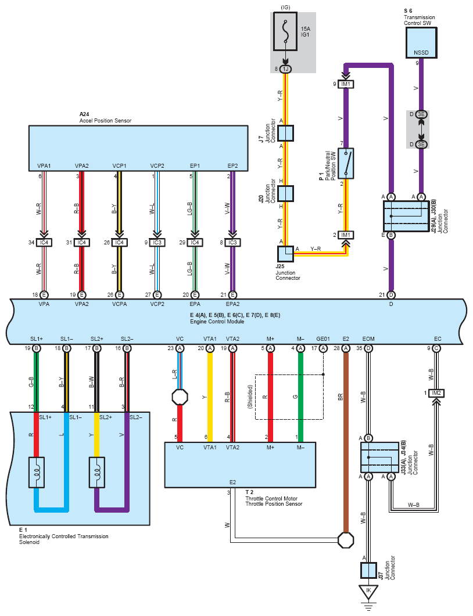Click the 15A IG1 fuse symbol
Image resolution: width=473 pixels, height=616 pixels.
pos(285,31)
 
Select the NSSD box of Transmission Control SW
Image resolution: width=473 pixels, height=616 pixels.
pos(421,43)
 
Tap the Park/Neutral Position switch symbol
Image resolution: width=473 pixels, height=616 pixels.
pos(346,163)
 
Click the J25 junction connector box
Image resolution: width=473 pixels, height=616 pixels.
pos(285,254)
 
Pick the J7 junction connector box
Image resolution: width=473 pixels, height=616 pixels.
pos(285,133)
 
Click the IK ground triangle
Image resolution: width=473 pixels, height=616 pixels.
pos(368,591)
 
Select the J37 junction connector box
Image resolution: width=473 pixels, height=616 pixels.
pos(368,570)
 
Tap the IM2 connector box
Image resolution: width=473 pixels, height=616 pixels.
pos(436,393)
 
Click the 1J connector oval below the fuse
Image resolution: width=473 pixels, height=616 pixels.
pos(285,69)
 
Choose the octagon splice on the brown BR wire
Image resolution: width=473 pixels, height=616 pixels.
pos(346,540)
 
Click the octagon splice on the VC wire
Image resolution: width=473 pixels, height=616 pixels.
pos(180,397)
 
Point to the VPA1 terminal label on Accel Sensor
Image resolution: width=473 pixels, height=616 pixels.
pos(44,166)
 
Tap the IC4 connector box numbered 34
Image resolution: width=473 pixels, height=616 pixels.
pos(44,242)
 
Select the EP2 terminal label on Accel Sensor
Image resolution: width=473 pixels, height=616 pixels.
pos(233,166)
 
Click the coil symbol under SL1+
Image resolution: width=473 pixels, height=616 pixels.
pos(37,473)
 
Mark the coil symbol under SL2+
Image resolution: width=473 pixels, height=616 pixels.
pos(96,473)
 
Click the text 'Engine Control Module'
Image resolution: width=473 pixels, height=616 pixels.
pos(217,322)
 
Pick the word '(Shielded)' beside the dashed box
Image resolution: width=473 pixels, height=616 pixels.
pos(250,397)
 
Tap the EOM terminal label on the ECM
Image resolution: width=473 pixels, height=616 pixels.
pos(368,338)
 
